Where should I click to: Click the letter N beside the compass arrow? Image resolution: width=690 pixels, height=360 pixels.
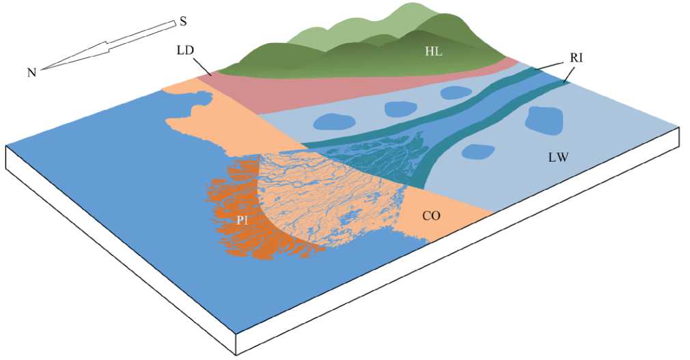[x=31, y=72]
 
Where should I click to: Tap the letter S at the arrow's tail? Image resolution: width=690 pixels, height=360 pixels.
[x=183, y=22]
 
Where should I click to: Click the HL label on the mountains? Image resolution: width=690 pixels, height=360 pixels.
[x=434, y=51]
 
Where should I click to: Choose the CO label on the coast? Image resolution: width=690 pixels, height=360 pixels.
[x=430, y=216]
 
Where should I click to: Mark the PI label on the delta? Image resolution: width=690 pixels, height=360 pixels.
[x=242, y=220]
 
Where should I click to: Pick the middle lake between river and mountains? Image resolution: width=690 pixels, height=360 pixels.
[x=400, y=108]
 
